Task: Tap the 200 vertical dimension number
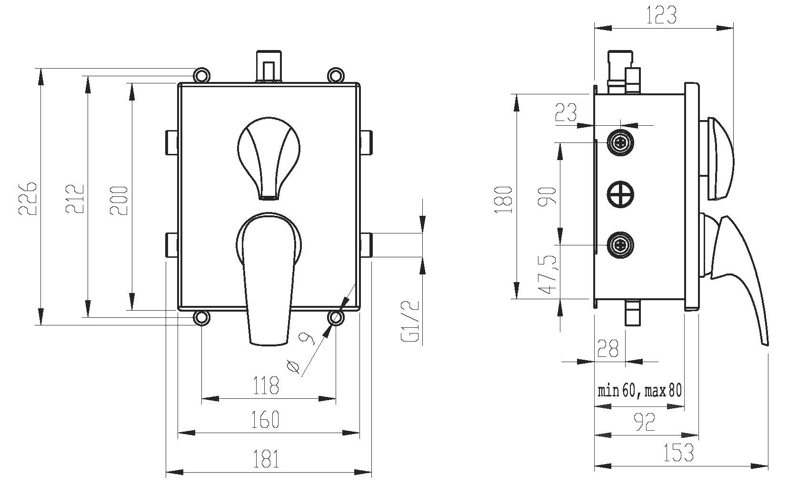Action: [119, 200]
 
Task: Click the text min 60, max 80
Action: [640, 391]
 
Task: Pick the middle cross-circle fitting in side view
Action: [621, 194]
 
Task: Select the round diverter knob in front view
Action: [269, 152]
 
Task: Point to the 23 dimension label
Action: [566, 113]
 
